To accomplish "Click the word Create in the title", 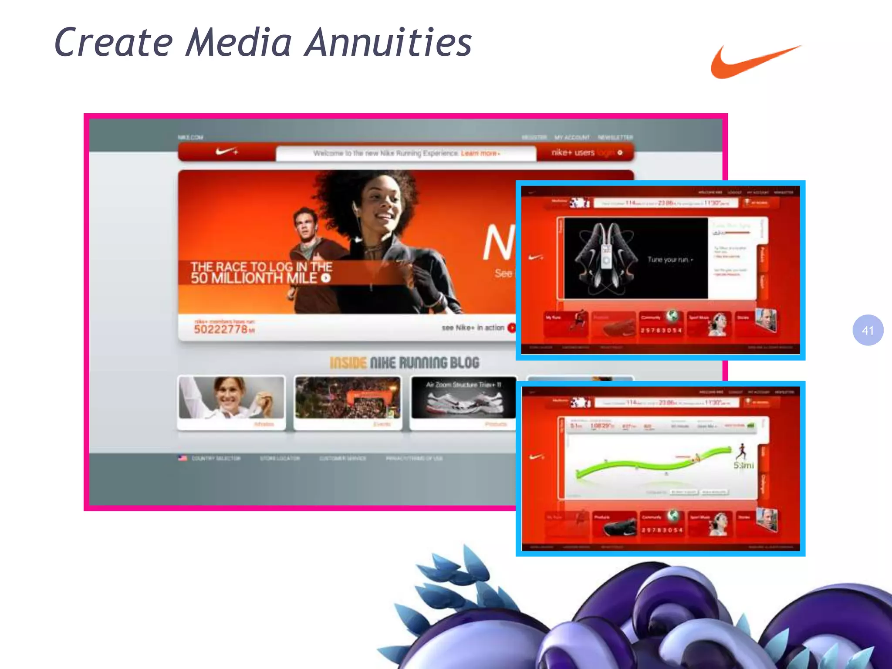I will coord(114,43).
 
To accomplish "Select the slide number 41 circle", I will coord(868,330).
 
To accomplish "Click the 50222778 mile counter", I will coord(221,329).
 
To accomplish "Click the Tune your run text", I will coord(669,260).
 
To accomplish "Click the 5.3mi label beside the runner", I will coord(743,466).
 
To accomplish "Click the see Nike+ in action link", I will coord(473,328).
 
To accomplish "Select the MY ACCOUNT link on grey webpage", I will coord(572,138).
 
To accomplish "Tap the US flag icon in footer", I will coord(182,458).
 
